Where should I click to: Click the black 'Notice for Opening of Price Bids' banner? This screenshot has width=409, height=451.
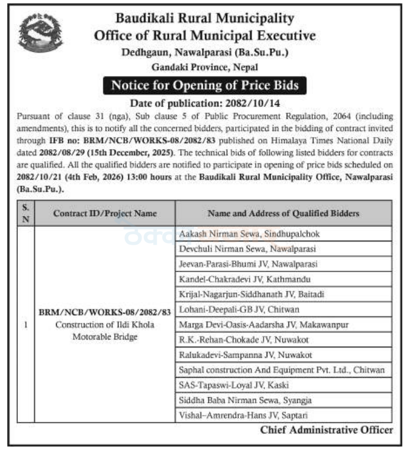tap(205, 85)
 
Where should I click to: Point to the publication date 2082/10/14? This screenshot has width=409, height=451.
tap(205, 103)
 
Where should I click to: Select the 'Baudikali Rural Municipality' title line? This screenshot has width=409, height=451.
tap(205, 18)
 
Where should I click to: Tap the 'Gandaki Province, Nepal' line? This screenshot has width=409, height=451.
tap(205, 68)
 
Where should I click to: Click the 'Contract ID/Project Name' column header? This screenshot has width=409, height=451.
tap(105, 213)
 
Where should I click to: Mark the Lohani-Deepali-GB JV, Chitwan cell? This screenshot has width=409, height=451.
tap(240, 309)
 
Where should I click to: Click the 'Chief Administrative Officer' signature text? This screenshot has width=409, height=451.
tap(326, 430)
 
